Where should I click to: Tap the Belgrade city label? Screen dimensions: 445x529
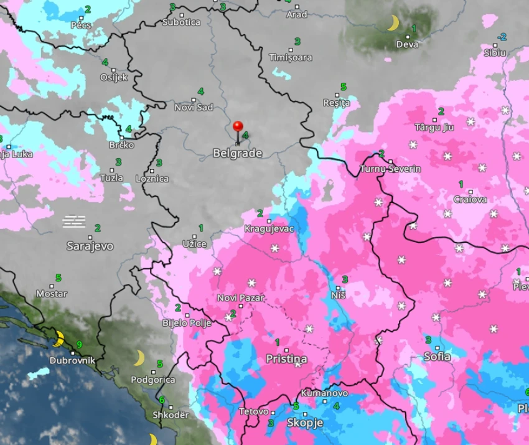pyautogui.click(x=237, y=153)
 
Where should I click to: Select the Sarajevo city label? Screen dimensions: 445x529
pyautogui.click(x=90, y=246)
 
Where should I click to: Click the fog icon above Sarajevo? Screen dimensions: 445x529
pyautogui.click(x=75, y=221)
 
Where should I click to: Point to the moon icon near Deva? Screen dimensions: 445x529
pyautogui.click(x=393, y=23)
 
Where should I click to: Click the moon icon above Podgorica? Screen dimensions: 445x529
pyautogui.click(x=139, y=358)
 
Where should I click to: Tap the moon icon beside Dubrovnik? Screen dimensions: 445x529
pyautogui.click(x=59, y=339)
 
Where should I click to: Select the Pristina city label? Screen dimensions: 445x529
pyautogui.click(x=286, y=359)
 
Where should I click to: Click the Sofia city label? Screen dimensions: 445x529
pyautogui.click(x=437, y=357)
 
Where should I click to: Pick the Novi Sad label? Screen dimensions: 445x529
pyautogui.click(x=194, y=107)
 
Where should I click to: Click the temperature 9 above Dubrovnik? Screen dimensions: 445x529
pyautogui.click(x=79, y=344)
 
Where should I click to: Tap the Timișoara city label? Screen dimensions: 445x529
pyautogui.click(x=290, y=57)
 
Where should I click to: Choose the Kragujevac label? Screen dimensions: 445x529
pyautogui.click(x=269, y=228)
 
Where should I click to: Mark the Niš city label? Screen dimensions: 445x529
pyautogui.click(x=338, y=295)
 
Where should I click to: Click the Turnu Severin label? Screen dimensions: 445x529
pyautogui.click(x=390, y=169)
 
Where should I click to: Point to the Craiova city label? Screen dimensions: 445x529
pyautogui.click(x=470, y=200)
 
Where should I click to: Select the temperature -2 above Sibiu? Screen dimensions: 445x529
pyautogui.click(x=502, y=37)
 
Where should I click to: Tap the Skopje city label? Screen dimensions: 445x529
pyautogui.click(x=304, y=423)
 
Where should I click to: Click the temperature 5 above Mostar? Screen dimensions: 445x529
pyautogui.click(x=59, y=278)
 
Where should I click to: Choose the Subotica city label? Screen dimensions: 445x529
pyautogui.click(x=181, y=22)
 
